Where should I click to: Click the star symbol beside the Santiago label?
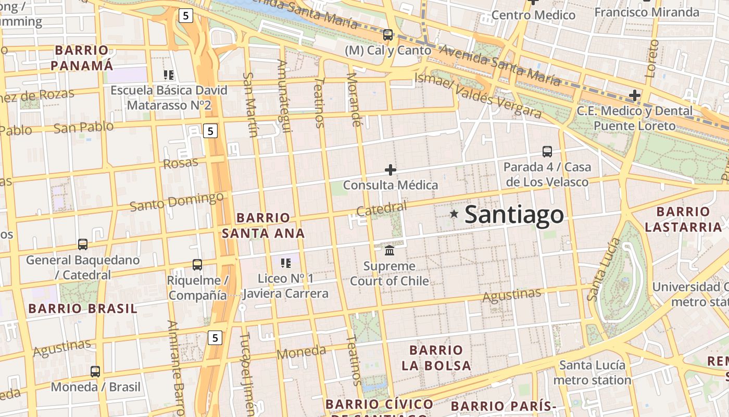coord(454,214)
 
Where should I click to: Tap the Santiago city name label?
coord(514,215)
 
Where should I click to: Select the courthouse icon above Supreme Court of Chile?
coord(389,251)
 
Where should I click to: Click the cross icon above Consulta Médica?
coord(390,170)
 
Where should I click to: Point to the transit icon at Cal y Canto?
coord(388,35)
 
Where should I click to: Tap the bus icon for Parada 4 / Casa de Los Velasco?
coord(547,152)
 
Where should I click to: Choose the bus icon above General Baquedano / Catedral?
coord(83,244)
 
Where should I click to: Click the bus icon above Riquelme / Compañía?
coord(197,264)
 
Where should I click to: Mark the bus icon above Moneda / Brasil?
coord(95,372)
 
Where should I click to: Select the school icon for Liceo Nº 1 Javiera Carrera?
coord(285,263)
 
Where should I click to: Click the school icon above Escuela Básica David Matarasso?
coord(168,75)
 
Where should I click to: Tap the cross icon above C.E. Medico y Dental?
coord(634,95)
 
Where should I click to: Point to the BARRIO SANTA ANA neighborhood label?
coord(263,225)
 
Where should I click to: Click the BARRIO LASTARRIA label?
coord(683,219)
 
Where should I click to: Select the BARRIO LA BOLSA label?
coord(436,358)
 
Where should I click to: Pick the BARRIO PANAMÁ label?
coord(82,58)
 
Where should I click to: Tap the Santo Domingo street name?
coord(177,202)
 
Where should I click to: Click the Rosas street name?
coord(181,163)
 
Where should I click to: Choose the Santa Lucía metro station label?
coord(592,372)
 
